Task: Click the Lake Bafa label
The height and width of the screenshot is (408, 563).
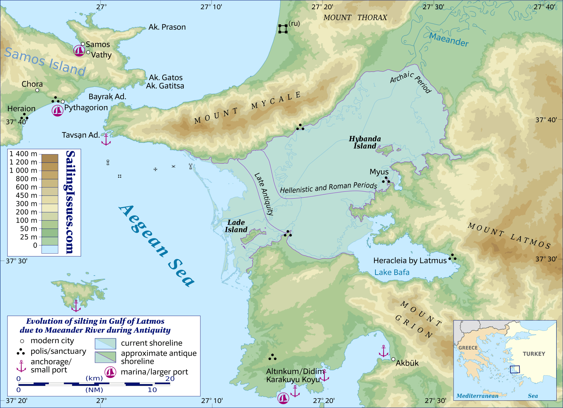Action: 392,272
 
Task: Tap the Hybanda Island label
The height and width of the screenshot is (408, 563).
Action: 365,142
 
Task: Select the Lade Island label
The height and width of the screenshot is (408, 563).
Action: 236,226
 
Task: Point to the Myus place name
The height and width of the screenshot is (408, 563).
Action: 379,172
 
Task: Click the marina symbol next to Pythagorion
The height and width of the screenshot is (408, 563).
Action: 57,111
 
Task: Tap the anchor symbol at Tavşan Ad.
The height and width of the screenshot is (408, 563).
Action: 106,140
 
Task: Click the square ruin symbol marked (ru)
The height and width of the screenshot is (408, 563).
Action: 283,29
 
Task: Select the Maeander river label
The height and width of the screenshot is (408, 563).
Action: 449,39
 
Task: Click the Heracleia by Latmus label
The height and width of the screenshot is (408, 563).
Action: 410,260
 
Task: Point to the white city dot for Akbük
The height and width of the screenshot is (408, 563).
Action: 393,359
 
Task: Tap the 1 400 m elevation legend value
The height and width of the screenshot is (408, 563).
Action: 23,154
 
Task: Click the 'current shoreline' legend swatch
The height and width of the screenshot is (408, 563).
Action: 105,343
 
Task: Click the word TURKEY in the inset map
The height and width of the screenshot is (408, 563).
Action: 534,354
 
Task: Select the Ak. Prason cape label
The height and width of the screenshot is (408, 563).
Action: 167,27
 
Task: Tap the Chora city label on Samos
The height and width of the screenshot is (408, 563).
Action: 32,84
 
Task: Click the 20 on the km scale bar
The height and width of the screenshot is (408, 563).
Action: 170,379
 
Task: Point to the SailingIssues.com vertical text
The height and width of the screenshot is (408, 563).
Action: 70,202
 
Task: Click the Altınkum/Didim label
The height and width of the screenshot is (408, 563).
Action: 295,371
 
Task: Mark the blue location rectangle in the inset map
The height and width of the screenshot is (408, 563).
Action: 515,369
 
